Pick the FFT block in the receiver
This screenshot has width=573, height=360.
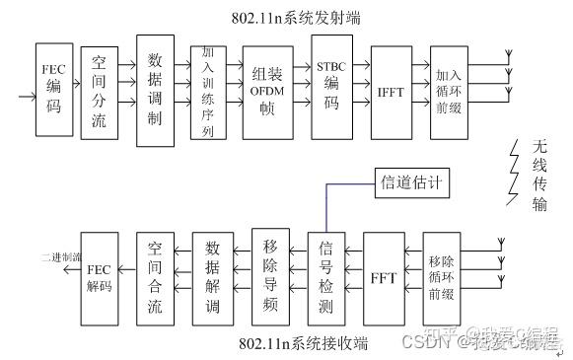coord(383,275)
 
